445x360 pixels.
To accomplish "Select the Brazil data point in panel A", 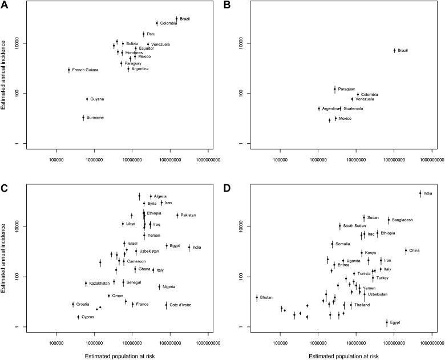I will [x=176, y=19].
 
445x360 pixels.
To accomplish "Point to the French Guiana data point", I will [x=69, y=70].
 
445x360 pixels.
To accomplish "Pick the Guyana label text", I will [x=97, y=99].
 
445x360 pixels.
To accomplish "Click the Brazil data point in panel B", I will [x=394, y=50].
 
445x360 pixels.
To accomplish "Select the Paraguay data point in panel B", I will [x=335, y=89].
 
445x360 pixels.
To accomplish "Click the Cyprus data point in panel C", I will [x=79, y=317].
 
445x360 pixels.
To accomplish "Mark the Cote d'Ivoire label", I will [x=181, y=305].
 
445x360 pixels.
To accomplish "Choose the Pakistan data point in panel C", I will [x=177, y=215].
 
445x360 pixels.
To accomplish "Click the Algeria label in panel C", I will [x=160, y=197].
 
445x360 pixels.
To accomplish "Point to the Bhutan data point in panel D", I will [x=257, y=297].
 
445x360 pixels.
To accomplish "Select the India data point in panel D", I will [x=420, y=193].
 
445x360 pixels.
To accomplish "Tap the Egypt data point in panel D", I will [x=387, y=322].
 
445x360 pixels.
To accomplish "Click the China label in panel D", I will [x=415, y=250].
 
